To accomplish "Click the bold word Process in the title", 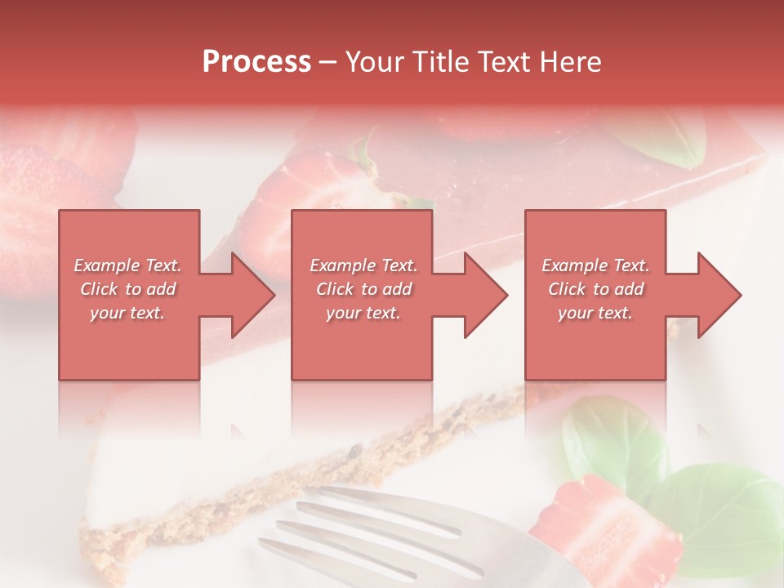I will point(256,62).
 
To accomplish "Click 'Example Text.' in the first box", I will point(128,265).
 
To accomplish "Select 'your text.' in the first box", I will point(128,313).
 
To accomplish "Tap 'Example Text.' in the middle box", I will point(363,265).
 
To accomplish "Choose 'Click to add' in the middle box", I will point(363,289).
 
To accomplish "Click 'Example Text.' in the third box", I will point(595,265).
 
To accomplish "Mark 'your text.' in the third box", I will point(595,313).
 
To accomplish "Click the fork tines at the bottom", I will point(367,523).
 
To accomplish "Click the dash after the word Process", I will point(328,62).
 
